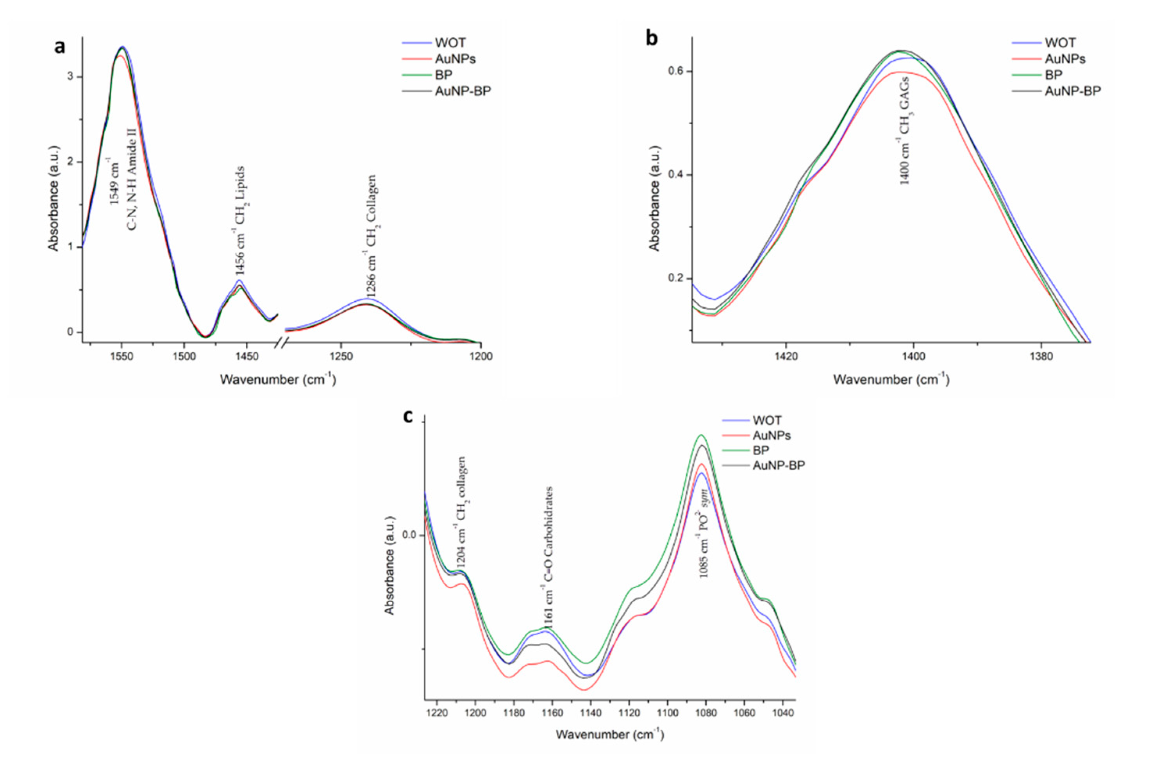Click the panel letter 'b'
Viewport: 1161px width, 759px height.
click(x=651, y=38)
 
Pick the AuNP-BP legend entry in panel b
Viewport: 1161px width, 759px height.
click(x=1072, y=91)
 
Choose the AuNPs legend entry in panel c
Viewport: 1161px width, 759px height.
click(x=771, y=435)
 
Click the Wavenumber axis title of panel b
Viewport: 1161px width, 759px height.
click(x=891, y=379)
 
